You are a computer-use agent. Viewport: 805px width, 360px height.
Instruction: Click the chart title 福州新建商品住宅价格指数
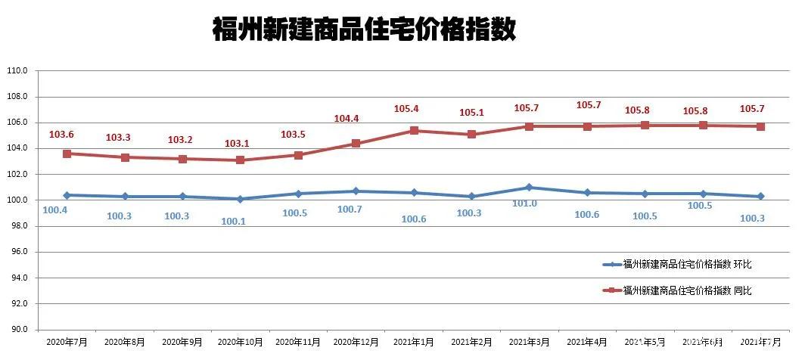(365, 31)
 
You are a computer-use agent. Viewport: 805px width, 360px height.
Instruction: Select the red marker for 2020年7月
(67, 154)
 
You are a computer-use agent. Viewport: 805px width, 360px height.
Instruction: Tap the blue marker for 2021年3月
(529, 187)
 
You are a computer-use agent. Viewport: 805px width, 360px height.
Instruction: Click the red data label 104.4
(347, 119)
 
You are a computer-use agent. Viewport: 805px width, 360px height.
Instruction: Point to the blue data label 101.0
(524, 203)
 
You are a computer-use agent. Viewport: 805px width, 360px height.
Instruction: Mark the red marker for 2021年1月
(413, 131)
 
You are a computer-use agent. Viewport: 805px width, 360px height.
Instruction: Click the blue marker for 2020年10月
(240, 199)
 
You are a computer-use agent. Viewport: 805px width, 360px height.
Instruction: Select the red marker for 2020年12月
(356, 143)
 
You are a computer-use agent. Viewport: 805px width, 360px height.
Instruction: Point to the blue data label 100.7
(350, 209)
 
